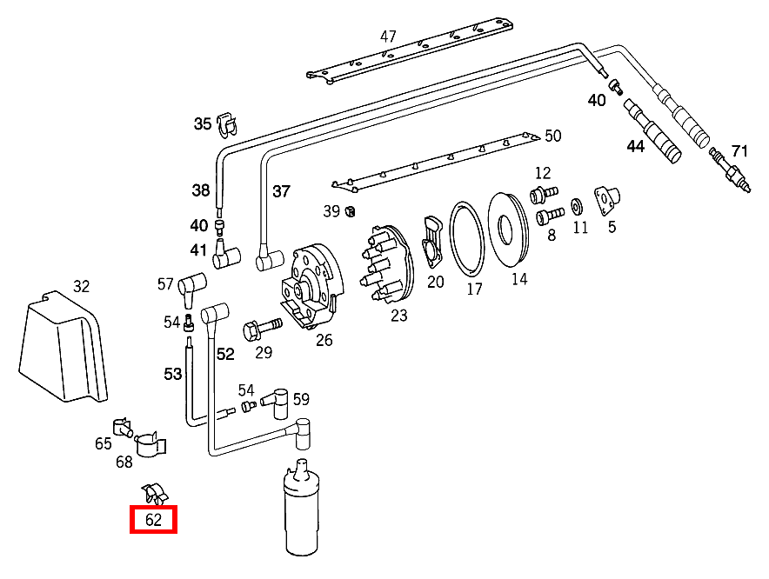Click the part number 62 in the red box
tap(153, 520)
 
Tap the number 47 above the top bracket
tap(388, 37)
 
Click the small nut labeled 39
tap(350, 210)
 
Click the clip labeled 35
tap(228, 123)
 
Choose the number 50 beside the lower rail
tap(553, 136)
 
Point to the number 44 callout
tap(636, 147)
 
